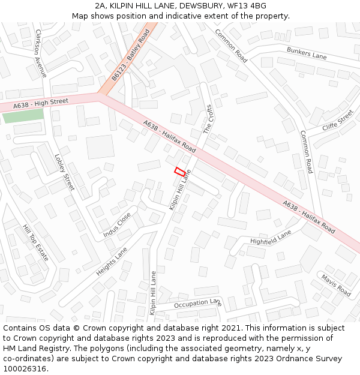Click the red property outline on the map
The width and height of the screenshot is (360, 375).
tap(179, 171)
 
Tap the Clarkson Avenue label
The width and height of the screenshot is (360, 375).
tap(41, 53)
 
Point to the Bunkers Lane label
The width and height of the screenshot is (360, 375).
tap(306, 53)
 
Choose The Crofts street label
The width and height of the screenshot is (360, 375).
tap(208, 119)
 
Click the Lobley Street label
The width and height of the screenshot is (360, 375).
tap(64, 173)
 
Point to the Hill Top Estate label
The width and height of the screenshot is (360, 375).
tap(35, 243)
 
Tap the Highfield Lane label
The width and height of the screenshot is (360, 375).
tap(271, 238)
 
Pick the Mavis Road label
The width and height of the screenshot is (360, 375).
tap(335, 284)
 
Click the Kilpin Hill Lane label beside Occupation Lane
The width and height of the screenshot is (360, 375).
tap(153, 293)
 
